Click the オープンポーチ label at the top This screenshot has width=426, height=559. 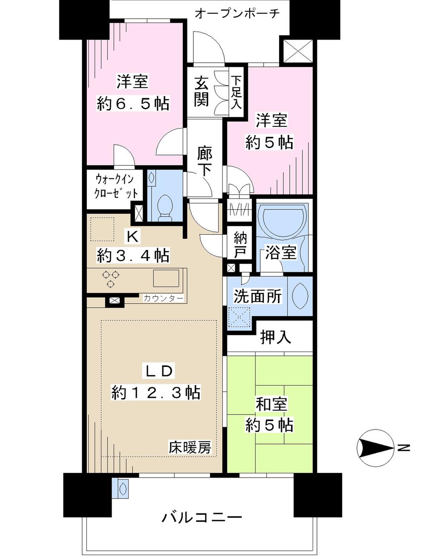237,13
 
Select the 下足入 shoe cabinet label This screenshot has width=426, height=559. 236,93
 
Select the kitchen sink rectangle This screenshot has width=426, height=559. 166,278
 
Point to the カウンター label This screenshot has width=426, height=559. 163,298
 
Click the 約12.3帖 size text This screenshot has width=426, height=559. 156,392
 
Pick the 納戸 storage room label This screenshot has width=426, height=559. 240,245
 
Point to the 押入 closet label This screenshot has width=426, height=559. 276,337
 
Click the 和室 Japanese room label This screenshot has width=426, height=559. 271,404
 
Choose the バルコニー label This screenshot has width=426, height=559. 202,517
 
